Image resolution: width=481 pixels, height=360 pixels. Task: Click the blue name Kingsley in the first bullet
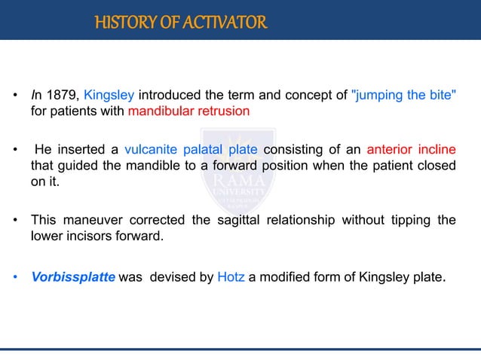tap(109, 96)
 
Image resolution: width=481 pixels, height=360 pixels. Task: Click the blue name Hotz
tap(230, 276)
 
